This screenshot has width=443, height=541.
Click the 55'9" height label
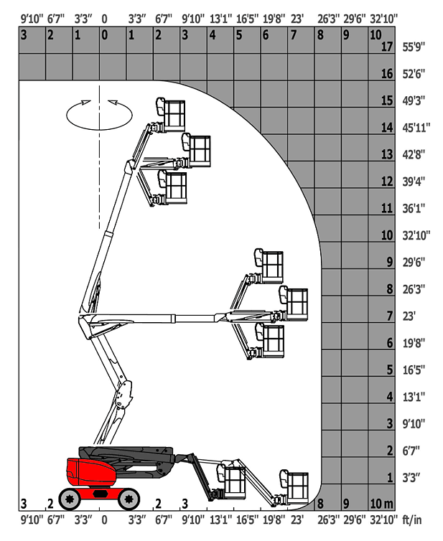tap(414, 47)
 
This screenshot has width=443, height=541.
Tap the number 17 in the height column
tap(387, 46)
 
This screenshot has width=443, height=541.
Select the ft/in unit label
tap(412, 519)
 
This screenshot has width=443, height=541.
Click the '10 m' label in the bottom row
tap(381, 504)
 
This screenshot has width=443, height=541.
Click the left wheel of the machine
tap(70, 499)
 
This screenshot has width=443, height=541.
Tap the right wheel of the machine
tap(129, 499)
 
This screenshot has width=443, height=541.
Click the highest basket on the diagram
tap(171, 114)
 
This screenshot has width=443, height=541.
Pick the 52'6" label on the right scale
tap(414, 73)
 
